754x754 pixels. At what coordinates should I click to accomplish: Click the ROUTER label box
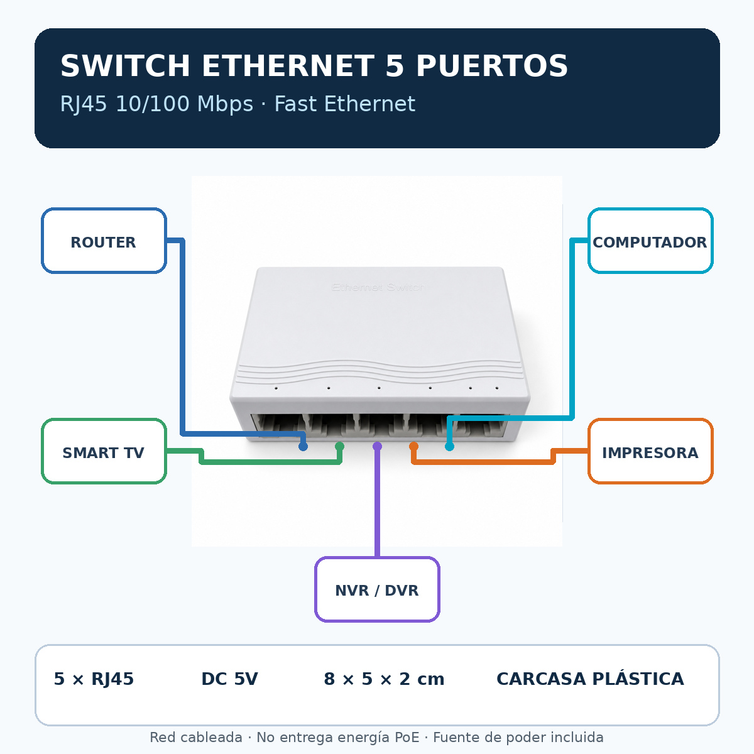[104, 240]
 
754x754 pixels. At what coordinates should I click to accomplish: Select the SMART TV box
[104, 451]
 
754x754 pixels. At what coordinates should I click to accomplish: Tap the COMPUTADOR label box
[650, 240]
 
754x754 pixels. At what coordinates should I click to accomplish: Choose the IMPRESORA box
[650, 451]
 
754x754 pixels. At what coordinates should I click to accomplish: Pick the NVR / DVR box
[377, 589]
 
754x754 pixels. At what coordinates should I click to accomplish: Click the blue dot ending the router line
[303, 447]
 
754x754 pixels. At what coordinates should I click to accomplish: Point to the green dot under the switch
[340, 446]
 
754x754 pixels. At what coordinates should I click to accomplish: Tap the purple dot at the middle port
[377, 446]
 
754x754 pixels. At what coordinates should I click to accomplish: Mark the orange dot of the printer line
[413, 446]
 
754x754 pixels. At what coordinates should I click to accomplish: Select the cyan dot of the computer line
[450, 447]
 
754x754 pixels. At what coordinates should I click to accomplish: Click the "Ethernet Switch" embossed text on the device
[378, 288]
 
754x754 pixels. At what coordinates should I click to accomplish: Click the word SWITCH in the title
[125, 66]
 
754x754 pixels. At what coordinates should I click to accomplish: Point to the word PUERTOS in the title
[491, 66]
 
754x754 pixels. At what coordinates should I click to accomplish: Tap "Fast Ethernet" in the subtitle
[345, 104]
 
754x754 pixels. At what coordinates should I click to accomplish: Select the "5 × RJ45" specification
[94, 679]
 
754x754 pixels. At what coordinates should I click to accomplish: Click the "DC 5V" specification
[230, 679]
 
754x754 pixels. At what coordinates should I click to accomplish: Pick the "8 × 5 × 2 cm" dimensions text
[384, 679]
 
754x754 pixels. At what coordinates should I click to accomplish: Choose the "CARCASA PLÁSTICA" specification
[590, 678]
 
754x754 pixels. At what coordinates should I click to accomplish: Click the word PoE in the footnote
[407, 737]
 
